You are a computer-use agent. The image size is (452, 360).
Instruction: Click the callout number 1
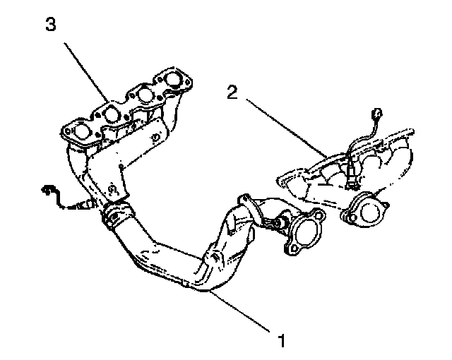point(282,342)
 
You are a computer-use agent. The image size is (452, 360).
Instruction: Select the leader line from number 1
point(240,311)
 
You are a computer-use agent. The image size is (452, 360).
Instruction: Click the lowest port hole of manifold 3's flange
point(82,131)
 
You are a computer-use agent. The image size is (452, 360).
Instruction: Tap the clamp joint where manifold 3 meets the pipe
point(117,214)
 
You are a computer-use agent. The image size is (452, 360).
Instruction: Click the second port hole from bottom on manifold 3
point(112,114)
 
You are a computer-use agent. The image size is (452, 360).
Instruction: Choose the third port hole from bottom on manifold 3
point(144,95)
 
